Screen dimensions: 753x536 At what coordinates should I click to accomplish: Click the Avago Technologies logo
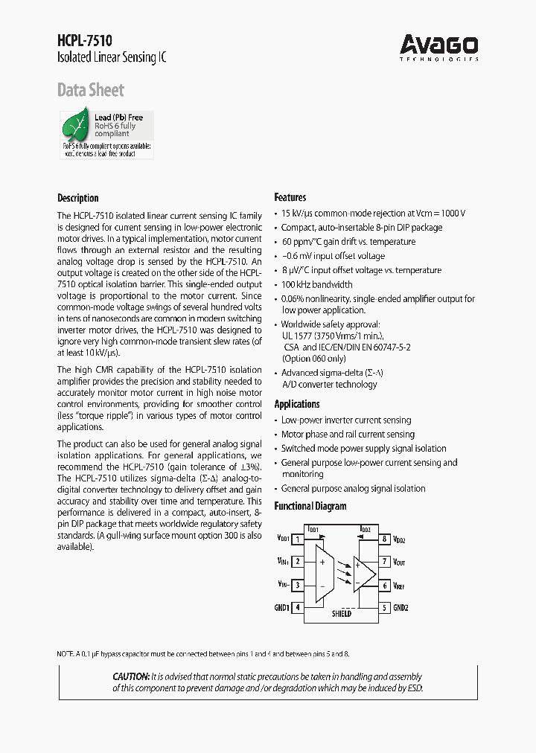[439, 46]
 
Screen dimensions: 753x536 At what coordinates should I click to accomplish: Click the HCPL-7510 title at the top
[85, 42]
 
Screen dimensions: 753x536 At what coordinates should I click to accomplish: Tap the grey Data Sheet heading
[91, 91]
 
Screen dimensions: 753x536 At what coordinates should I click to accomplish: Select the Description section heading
[78, 198]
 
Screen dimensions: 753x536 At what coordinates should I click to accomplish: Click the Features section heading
[290, 197]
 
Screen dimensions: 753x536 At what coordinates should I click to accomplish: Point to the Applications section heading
[297, 404]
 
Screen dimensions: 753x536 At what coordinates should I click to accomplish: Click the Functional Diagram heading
[310, 506]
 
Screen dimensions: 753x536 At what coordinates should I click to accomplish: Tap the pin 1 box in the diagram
[298, 539]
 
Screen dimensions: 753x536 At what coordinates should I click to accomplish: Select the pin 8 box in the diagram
[385, 539]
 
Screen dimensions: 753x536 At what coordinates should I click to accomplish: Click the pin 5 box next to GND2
[385, 608]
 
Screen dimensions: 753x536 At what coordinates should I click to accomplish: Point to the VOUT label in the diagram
[400, 563]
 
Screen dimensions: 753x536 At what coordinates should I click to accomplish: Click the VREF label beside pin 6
[400, 586]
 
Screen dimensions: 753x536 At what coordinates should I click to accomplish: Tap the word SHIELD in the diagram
[341, 614]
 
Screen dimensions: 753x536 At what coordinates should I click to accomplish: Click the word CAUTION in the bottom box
[131, 676]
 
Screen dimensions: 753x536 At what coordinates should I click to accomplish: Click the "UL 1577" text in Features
[299, 336]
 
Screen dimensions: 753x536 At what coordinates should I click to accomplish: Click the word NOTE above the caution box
[66, 653]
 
